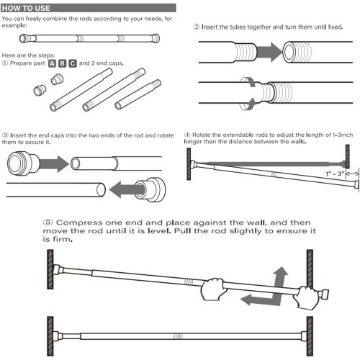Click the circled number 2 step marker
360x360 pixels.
pos(197,27)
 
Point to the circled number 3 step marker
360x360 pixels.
pos(6,135)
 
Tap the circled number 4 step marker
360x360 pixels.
pos(187,135)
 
